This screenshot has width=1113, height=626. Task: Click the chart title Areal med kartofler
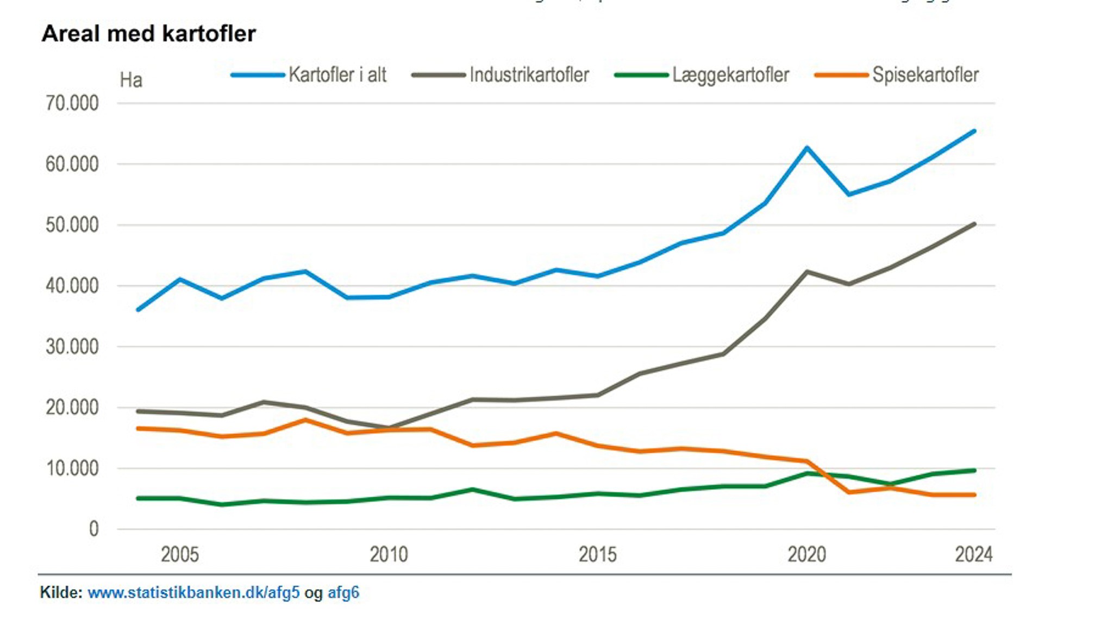(x=148, y=34)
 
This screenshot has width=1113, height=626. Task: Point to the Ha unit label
(x=131, y=80)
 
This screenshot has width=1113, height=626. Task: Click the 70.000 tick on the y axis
(x=72, y=103)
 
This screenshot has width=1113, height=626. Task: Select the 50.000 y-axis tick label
(x=72, y=225)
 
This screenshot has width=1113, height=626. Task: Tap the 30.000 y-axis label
(x=72, y=347)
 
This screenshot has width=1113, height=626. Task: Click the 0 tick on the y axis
(x=94, y=529)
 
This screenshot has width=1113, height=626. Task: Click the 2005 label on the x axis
(x=180, y=555)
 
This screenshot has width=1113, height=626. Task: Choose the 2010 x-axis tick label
(x=389, y=555)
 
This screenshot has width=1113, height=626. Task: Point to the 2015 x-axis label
(x=598, y=555)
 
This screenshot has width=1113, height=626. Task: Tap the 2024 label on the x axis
(x=974, y=555)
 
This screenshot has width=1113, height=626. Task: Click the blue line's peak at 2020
(x=807, y=147)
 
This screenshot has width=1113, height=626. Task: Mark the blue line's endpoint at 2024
(x=974, y=131)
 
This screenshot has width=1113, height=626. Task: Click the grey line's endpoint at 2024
(x=974, y=224)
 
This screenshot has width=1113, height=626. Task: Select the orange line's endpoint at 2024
(x=974, y=494)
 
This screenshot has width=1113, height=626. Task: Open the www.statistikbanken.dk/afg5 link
(x=193, y=592)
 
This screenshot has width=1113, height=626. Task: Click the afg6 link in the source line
(x=343, y=592)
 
